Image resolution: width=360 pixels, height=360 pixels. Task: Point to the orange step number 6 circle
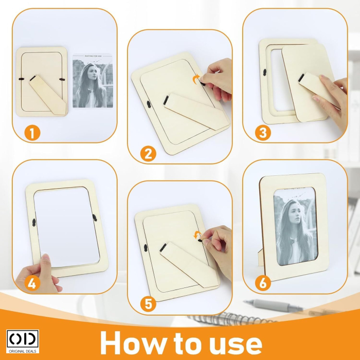click(x=263, y=282)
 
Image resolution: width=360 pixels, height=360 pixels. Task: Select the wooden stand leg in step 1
click(x=47, y=93)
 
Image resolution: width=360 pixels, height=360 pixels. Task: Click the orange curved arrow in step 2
click(x=195, y=79)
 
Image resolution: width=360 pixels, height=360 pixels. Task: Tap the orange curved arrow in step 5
click(x=196, y=236)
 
